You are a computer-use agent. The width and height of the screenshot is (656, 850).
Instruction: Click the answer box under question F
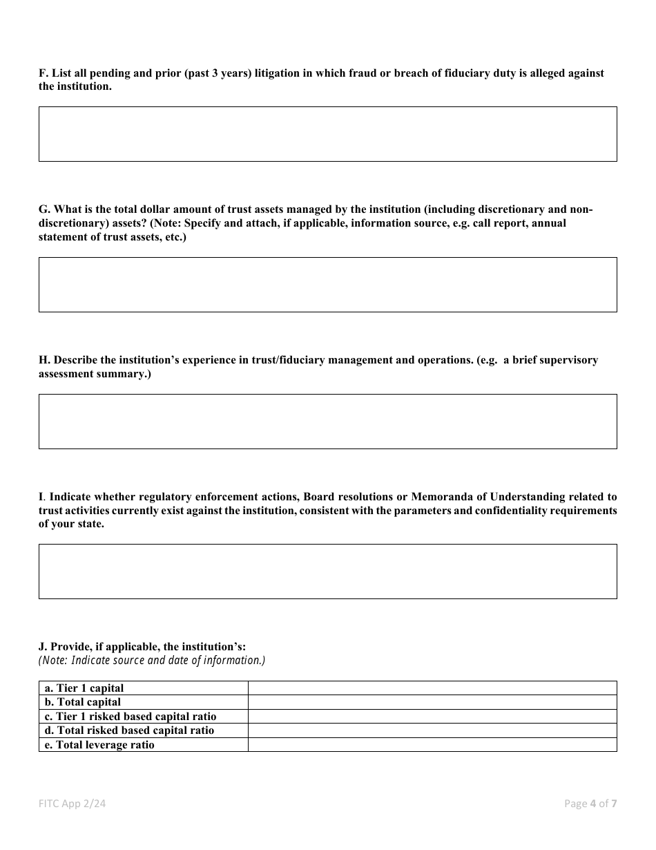click(x=327, y=134)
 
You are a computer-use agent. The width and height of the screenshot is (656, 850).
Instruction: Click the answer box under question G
click(x=327, y=285)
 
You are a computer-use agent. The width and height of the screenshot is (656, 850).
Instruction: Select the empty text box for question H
click(x=327, y=422)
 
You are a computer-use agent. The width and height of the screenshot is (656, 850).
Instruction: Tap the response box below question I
click(x=327, y=572)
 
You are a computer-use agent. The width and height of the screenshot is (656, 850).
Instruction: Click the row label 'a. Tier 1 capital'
click(x=84, y=688)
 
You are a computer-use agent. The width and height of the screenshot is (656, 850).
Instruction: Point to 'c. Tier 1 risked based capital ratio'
click(x=131, y=717)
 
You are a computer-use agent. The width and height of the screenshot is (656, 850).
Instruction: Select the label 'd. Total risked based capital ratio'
click(x=129, y=730)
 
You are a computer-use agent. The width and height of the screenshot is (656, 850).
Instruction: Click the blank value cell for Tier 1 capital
click(x=432, y=688)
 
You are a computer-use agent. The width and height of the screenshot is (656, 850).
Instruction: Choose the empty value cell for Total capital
click(x=432, y=702)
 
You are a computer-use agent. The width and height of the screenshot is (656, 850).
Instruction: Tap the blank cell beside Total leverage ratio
click(x=432, y=745)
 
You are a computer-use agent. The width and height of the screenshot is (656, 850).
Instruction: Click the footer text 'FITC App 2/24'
click(x=72, y=803)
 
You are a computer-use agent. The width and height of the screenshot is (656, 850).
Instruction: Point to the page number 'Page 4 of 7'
click(x=590, y=803)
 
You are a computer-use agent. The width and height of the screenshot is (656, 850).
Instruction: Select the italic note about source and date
click(x=152, y=661)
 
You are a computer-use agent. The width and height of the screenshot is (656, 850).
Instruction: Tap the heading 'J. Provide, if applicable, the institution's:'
click(x=142, y=647)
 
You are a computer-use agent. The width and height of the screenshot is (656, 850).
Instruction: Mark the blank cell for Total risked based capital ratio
click(x=432, y=730)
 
